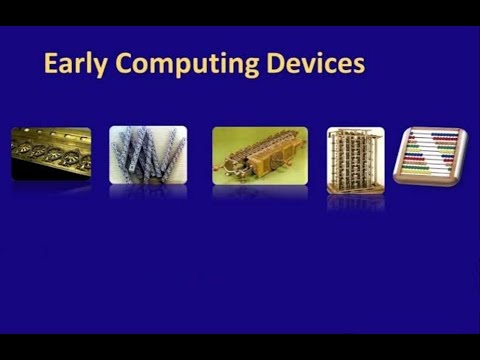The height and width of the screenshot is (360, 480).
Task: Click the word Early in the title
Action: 74,65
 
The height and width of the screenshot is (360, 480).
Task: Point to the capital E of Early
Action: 50,64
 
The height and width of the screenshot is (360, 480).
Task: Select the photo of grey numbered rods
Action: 148,154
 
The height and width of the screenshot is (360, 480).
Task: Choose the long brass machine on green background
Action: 260,155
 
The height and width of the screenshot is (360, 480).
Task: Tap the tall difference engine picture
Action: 355,159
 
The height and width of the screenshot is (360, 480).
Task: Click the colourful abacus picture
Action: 431,155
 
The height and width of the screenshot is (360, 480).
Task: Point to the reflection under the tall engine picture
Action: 355,201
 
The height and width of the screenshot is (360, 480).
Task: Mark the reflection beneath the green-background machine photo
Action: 260,191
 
